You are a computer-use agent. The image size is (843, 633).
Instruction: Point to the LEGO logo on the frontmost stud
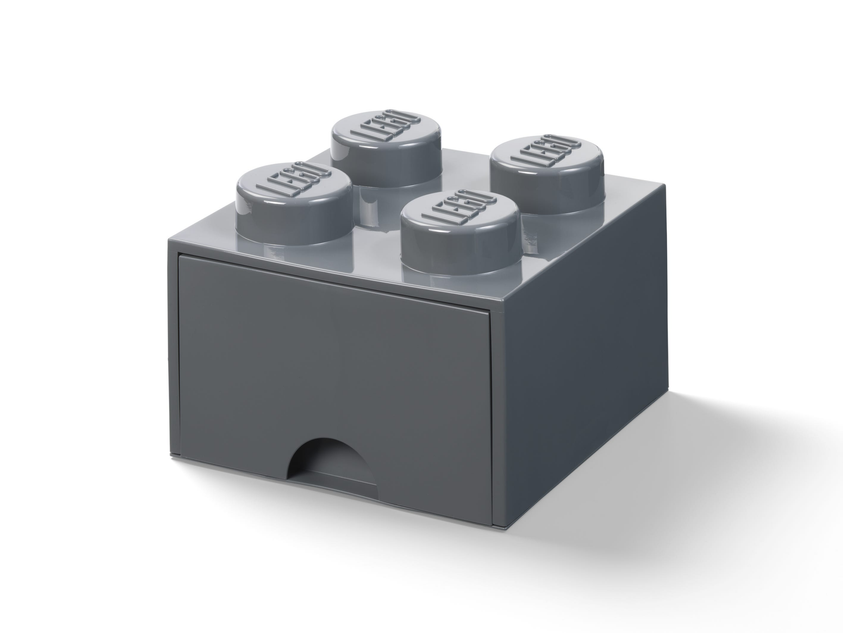coord(456,211)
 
